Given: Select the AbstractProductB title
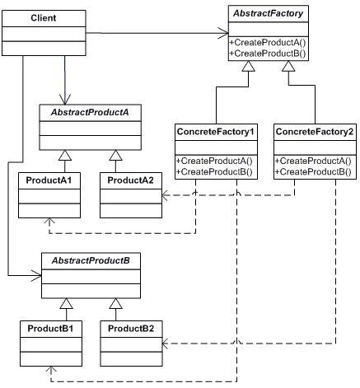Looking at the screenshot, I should [x=86, y=260].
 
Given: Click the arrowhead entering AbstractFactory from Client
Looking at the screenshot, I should [x=222, y=34].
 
